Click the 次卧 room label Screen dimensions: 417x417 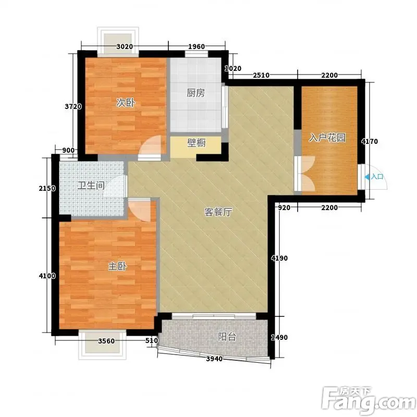coord(126,103)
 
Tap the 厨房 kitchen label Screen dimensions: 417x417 coord(196,93)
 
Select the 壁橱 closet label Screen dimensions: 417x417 coord(197,143)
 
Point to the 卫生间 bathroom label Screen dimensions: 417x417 coord(91,186)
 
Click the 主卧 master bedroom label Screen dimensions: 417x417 coord(117,266)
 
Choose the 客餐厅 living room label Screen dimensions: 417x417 coord(218,212)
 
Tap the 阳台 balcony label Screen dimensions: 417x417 coord(227,337)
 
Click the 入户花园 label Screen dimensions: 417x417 coord(327,138)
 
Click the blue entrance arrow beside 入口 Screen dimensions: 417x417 coord(367,177)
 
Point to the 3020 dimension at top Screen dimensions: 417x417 coord(125,47)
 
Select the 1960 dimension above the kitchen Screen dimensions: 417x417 coord(197,47)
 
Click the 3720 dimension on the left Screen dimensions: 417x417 coord(73,107)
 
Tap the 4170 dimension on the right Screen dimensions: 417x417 coord(370,141)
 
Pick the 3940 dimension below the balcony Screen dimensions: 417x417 coord(214,359)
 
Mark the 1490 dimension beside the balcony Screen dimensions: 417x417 coord(279,337)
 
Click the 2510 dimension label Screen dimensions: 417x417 coord(261,75)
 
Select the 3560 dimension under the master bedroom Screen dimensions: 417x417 coord(106,341)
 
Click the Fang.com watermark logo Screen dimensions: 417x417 coord(369,401)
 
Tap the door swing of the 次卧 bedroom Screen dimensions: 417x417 coord(151,148)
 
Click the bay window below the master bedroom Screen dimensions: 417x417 coord(102,345)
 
